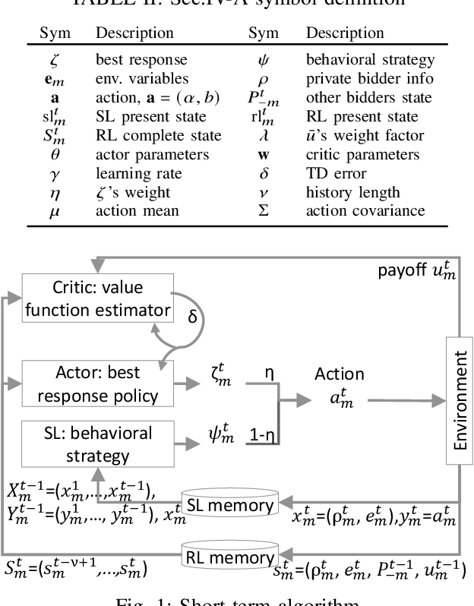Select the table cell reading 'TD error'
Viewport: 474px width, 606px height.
click(x=340, y=172)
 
